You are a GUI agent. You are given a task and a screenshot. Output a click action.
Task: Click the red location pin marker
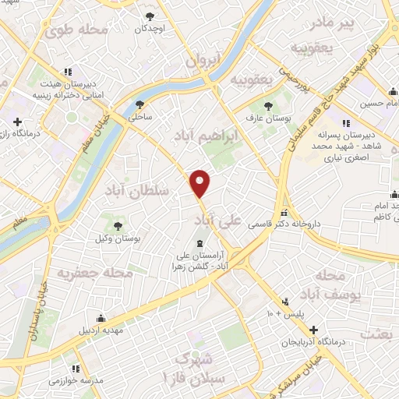tap(201, 182)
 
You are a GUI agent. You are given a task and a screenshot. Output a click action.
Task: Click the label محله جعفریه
tap(87, 274)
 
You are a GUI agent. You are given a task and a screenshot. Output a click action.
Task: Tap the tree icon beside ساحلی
tap(140, 104)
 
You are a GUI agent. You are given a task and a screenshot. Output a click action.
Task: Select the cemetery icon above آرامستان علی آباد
tap(191, 242)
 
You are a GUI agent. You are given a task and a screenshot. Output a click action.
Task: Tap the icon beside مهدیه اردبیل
tap(101, 318)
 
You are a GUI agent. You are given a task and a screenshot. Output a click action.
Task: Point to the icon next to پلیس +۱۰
tap(287, 302)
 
